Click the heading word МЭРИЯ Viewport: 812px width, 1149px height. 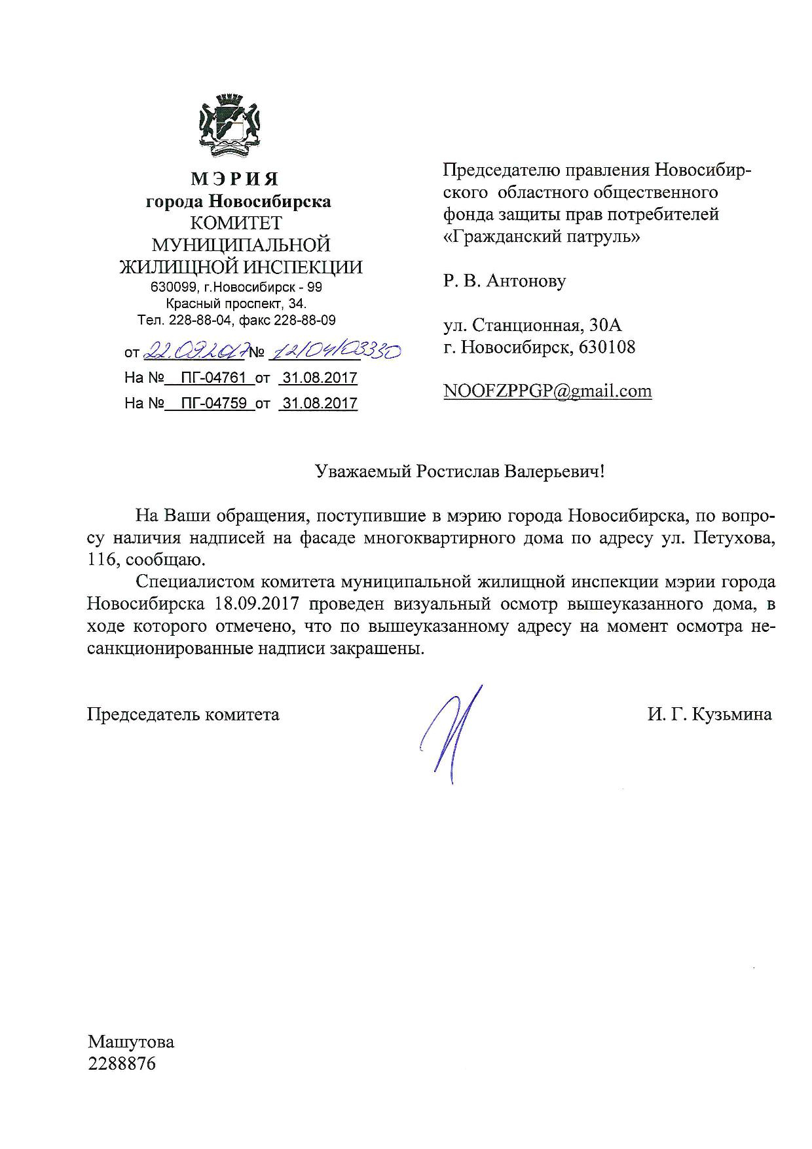click(235, 179)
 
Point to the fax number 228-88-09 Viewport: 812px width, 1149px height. click(305, 321)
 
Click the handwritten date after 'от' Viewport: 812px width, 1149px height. click(193, 352)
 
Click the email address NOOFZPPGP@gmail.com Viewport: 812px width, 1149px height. click(547, 391)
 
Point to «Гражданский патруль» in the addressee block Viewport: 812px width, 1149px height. click(542, 237)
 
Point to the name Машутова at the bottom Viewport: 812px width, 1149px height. click(131, 1042)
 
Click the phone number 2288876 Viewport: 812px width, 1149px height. click(122, 1063)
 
